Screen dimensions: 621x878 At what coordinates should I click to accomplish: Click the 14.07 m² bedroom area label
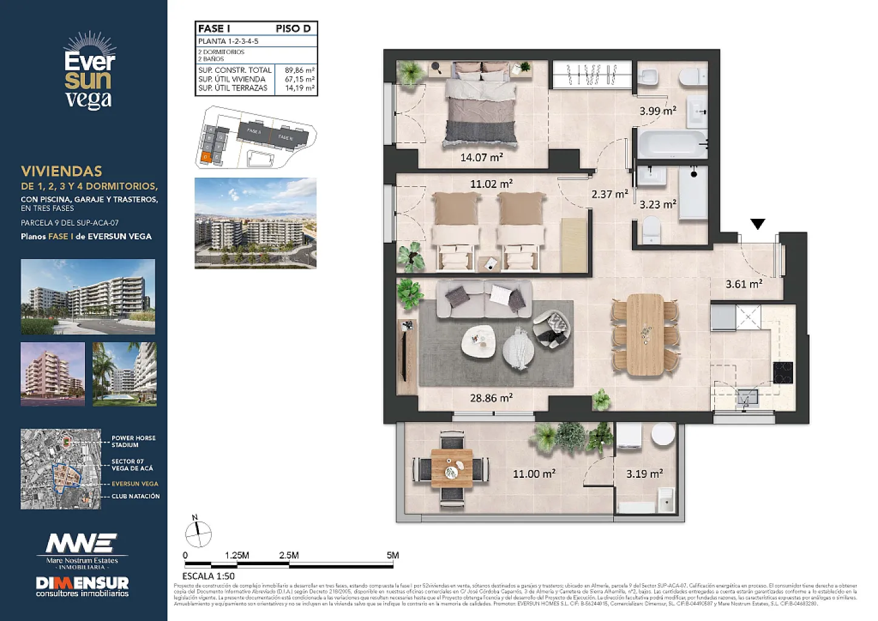click(481, 158)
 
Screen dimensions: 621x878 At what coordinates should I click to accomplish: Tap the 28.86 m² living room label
click(491, 398)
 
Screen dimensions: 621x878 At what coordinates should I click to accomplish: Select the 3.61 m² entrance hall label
click(744, 284)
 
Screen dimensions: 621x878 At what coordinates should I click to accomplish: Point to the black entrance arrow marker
click(757, 224)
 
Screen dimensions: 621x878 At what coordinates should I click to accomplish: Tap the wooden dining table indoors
click(645, 334)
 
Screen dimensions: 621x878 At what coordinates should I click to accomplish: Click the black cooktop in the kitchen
click(783, 372)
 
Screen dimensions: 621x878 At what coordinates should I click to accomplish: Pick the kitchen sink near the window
click(746, 398)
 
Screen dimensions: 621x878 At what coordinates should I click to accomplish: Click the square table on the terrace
click(452, 468)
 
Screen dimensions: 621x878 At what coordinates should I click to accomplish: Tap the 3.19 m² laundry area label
click(644, 474)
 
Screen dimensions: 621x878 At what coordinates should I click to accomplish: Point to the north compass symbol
click(198, 533)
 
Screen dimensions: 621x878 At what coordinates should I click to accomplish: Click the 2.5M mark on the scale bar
click(289, 556)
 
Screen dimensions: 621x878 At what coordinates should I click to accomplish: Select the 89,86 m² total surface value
click(300, 70)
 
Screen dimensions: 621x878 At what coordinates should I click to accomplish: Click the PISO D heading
click(293, 29)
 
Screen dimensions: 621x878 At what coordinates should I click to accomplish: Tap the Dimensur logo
click(82, 585)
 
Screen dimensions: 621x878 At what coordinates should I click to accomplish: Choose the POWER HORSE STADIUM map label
click(133, 441)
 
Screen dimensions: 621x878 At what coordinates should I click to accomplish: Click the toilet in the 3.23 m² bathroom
click(651, 230)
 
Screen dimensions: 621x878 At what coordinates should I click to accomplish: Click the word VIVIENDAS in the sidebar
click(61, 172)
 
